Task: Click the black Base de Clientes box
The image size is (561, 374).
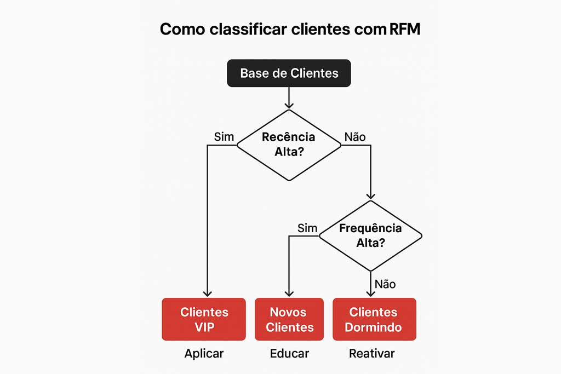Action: click(289, 73)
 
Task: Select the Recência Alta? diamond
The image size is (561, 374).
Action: click(289, 145)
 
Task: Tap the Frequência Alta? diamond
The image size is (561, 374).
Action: click(371, 235)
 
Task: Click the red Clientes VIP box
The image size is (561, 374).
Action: click(204, 319)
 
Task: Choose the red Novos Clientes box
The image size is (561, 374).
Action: click(289, 319)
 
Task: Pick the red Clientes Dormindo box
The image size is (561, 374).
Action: click(374, 319)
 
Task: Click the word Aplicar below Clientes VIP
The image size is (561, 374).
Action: click(204, 353)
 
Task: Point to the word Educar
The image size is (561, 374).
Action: click(289, 353)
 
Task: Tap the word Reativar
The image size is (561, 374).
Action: click(371, 353)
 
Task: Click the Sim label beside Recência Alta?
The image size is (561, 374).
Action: click(224, 137)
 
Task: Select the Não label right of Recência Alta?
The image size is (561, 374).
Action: click(355, 137)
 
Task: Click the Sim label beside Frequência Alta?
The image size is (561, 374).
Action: click(307, 228)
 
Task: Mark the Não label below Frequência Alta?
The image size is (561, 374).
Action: click(385, 284)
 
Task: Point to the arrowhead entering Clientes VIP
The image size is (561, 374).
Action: click(207, 293)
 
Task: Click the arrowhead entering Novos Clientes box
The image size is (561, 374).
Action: click(289, 293)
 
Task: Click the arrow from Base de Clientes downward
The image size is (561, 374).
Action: click(289, 97)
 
